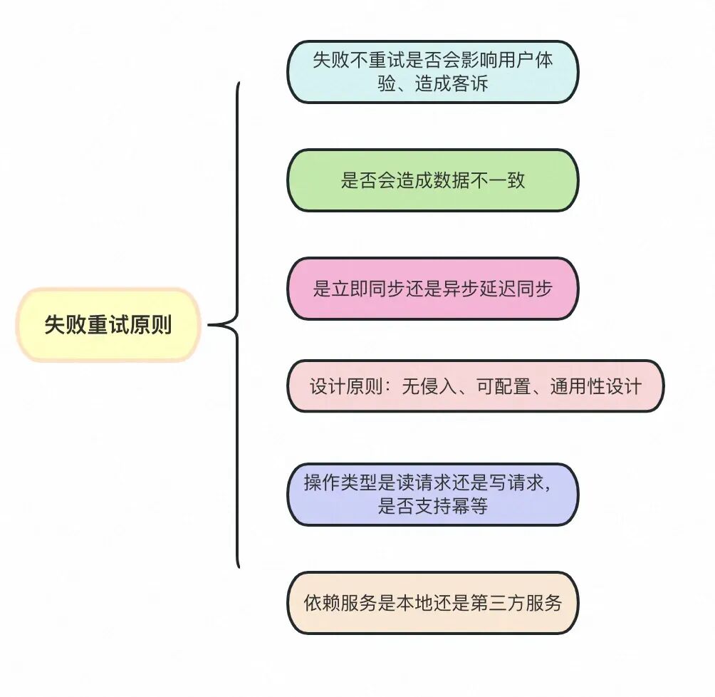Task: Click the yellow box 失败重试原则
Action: point(108,325)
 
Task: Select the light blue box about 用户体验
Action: point(432,71)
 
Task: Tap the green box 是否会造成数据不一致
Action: point(432,180)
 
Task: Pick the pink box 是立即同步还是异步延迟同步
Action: point(432,289)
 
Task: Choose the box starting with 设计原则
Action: point(475,386)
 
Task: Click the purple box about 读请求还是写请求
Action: point(432,495)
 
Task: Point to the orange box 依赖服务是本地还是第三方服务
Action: point(432,603)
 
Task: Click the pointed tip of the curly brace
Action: point(210,325)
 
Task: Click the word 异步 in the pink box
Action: point(451,289)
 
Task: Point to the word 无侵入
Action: point(424,386)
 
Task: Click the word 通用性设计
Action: point(595,386)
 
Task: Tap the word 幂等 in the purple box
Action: point(470,507)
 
